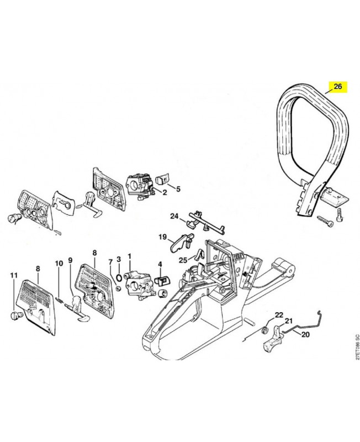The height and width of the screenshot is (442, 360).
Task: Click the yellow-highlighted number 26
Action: coord(337,87)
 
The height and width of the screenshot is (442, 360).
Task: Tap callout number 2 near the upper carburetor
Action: coord(165,192)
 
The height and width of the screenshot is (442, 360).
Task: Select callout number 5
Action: coord(178,189)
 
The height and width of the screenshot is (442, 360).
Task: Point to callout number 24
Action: coord(174,216)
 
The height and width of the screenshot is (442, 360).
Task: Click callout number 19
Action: coord(162,237)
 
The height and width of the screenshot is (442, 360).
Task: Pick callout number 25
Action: coord(183,260)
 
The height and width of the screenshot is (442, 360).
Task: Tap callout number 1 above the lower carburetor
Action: coord(130,256)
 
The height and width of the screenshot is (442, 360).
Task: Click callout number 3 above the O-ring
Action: coord(119,259)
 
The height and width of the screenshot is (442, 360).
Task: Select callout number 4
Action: coord(160,265)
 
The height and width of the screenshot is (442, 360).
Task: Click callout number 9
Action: coord(71,259)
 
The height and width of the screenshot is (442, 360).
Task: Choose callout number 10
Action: coord(59,264)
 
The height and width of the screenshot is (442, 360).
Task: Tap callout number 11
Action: coord(14,275)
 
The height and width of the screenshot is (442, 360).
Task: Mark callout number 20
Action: coord(305,335)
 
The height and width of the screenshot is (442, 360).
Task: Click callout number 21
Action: coord(289,320)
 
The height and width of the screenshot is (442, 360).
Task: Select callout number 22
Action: coord(279,315)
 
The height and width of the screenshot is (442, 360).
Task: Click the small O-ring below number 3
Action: coord(119,277)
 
